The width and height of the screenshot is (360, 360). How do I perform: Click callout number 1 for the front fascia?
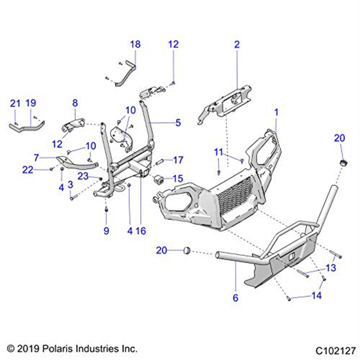[276, 112]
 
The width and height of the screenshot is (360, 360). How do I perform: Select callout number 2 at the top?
[237, 45]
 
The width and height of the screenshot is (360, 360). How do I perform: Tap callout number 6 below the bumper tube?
[236, 298]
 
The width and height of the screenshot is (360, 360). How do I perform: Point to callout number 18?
[135, 45]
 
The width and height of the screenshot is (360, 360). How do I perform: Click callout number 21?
[15, 104]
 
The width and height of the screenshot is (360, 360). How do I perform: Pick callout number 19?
[31, 104]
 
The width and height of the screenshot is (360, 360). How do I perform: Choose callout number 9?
[106, 231]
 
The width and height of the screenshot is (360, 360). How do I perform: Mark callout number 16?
[141, 231]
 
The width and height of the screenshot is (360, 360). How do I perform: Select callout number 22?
[28, 170]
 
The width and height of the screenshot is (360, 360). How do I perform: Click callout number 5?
[178, 123]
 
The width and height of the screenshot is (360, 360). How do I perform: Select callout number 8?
[75, 103]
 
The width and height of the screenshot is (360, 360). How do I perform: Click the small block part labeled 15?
[159, 179]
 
